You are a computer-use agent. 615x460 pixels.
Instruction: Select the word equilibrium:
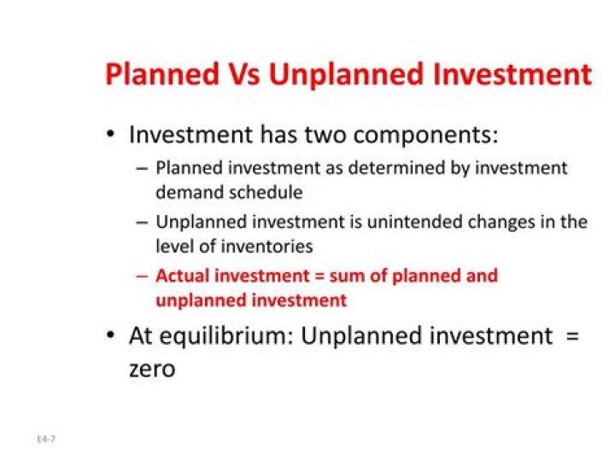pos(225,336)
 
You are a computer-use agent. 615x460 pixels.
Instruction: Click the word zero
pos(152,370)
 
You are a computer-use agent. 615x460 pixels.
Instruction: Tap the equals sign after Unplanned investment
pos(572,337)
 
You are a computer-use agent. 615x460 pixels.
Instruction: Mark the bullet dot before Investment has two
pos(110,137)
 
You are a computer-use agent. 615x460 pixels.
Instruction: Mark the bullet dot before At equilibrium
pos(110,337)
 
